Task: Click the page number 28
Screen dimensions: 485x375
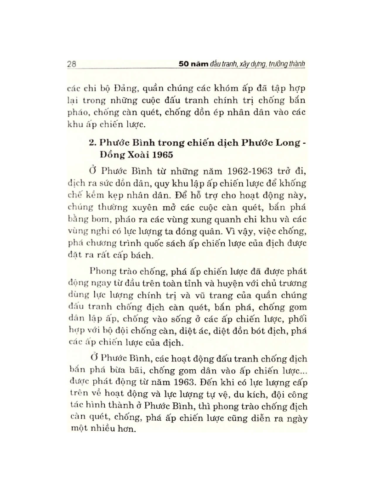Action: pyautogui.click(x=71, y=65)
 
